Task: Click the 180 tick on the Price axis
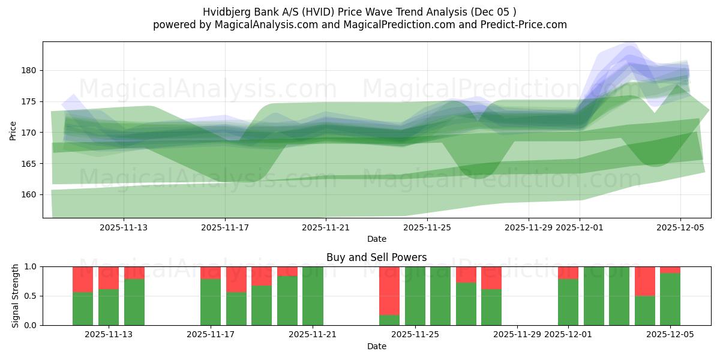click(31, 70)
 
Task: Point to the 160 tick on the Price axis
click(31, 194)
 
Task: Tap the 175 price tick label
click(31, 101)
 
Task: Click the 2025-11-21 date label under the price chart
click(326, 227)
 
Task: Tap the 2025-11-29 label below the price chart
click(528, 227)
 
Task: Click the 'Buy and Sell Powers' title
click(376, 257)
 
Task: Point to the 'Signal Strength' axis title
click(16, 296)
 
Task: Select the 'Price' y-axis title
click(13, 130)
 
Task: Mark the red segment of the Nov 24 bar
click(389, 290)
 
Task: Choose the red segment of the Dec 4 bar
click(644, 281)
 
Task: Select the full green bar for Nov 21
click(313, 296)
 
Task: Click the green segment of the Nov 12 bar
click(83, 308)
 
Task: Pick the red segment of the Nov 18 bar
click(236, 279)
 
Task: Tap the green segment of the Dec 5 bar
click(670, 299)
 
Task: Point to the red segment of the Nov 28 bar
click(491, 278)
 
